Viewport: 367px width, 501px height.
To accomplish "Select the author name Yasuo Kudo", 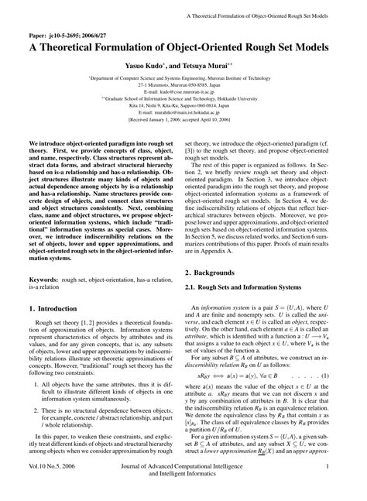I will (x=152, y=67).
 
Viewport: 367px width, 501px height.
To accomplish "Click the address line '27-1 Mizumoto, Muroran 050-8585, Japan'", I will (x=183, y=85).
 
